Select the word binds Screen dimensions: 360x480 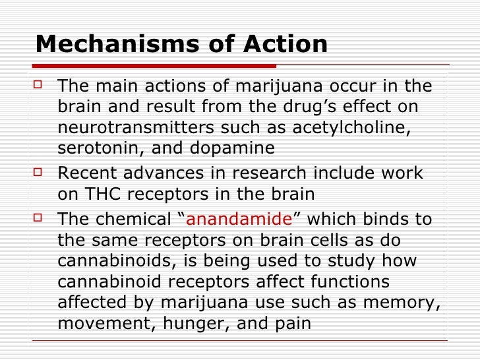pyautogui.click(x=380, y=219)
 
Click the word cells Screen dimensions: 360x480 pyautogui.click(x=324, y=240)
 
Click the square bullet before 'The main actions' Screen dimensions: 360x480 pyautogui.click(x=39, y=86)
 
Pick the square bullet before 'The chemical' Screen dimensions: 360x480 pyautogui.click(x=39, y=218)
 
